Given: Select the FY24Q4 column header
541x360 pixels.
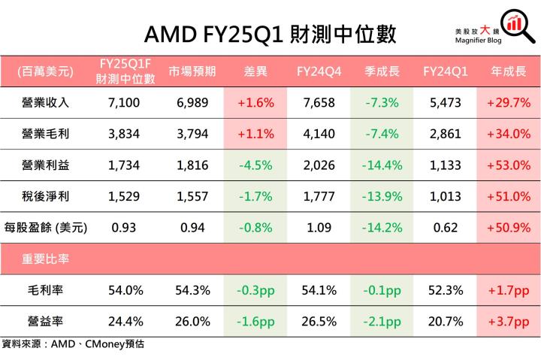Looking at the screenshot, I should (x=319, y=72).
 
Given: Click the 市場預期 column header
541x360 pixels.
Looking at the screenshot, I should (x=192, y=72).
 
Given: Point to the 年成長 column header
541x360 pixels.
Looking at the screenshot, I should (x=508, y=72).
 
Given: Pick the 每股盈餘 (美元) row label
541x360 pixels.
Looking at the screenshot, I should (x=46, y=228).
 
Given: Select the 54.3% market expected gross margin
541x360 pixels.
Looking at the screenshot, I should (x=192, y=290).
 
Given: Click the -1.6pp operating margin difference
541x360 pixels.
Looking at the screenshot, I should (x=255, y=321).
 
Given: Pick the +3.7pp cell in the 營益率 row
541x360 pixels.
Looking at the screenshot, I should (x=508, y=321).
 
